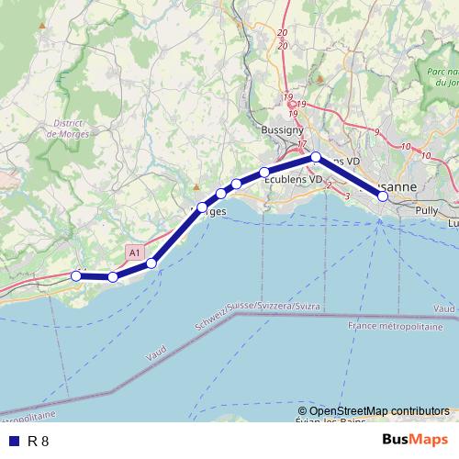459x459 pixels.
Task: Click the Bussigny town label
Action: (276, 131)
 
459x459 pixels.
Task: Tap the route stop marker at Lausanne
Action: (383, 196)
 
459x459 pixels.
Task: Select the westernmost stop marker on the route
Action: (76, 274)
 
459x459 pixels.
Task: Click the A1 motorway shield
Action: (135, 252)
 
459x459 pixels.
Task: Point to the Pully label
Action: (426, 210)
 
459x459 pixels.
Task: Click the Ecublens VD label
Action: (294, 180)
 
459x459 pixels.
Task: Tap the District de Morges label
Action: (65, 129)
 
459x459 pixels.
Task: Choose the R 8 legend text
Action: (38, 441)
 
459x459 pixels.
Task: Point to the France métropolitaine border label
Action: (396, 327)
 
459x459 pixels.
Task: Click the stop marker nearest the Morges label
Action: (202, 207)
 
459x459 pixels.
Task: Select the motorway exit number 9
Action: (376, 132)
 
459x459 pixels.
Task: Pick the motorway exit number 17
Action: (301, 144)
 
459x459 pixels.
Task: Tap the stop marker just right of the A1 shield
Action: (151, 263)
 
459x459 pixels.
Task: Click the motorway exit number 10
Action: (405, 146)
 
